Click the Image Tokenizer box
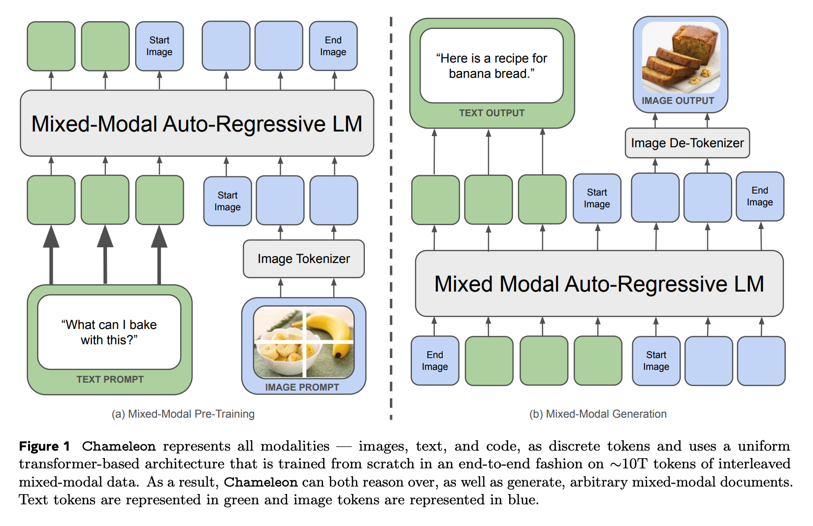tap(303, 259)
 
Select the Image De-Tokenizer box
tap(687, 143)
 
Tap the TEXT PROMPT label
tap(110, 379)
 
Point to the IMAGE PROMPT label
tap(302, 387)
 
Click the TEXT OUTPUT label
tap(491, 113)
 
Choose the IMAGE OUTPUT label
tap(678, 100)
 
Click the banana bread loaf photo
tap(680, 57)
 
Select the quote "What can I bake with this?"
tap(109, 332)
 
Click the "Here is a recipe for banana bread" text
tap(491, 66)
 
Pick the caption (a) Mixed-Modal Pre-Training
tap(183, 414)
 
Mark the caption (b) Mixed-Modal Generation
tap(598, 414)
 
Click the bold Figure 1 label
tap(44, 446)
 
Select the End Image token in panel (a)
tap(333, 46)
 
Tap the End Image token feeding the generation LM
tap(435, 361)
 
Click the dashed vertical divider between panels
tap(391, 217)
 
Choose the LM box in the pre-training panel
tap(196, 123)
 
